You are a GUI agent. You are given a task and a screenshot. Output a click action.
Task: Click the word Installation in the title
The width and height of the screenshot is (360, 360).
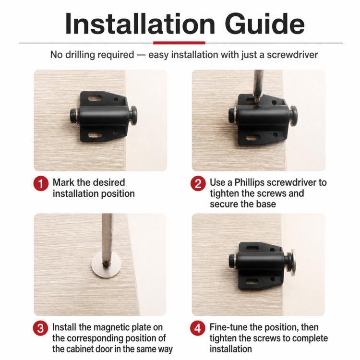tap(140, 24)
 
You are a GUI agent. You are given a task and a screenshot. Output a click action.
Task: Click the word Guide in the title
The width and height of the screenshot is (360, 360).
tap(264, 24)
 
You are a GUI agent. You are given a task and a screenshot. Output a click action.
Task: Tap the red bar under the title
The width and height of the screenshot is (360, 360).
tap(179, 43)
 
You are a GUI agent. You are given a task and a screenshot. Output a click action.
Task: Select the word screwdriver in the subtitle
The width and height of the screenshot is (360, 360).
tap(292, 55)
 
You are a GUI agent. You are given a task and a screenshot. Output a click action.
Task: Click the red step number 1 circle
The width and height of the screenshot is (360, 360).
tap(41, 184)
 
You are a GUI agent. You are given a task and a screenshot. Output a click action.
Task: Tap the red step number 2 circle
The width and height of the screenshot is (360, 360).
tap(198, 183)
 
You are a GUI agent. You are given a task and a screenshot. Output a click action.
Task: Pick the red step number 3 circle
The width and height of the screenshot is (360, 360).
tap(40, 328)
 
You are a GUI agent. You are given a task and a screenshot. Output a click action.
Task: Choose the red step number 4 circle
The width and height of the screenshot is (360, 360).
tap(197, 328)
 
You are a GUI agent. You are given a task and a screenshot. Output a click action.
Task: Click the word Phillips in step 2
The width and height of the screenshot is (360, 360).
tap(249, 183)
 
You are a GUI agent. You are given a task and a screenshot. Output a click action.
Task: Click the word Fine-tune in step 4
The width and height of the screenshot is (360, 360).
tap(228, 327)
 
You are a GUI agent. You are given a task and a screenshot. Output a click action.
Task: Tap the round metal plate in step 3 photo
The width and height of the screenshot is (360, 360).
tap(106, 264)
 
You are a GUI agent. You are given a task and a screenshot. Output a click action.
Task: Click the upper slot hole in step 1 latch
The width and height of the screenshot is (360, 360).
tap(95, 99)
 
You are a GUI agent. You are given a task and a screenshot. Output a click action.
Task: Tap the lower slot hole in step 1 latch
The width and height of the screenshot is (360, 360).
tap(95, 135)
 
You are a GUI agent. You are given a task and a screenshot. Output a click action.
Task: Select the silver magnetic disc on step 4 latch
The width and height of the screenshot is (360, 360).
tap(292, 263)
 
